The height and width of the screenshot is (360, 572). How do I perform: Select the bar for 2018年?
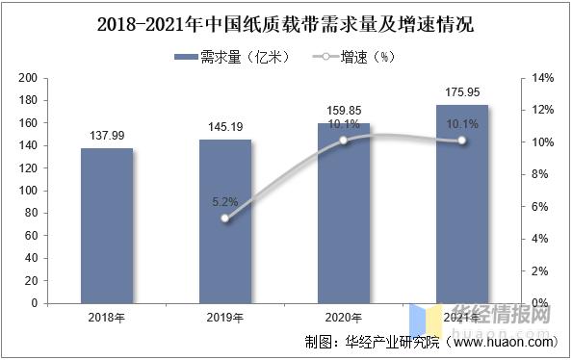coord(106,225)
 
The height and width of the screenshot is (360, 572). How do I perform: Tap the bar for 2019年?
coord(225,221)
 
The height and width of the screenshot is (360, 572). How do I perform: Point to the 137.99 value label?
coord(106,136)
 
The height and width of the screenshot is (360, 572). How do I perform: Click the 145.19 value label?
coord(225,127)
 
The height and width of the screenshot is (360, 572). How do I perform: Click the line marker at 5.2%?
coord(225,219)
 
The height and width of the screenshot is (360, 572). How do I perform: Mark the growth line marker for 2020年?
coord(344,141)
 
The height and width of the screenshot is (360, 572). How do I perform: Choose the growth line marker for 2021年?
coord(461,141)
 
